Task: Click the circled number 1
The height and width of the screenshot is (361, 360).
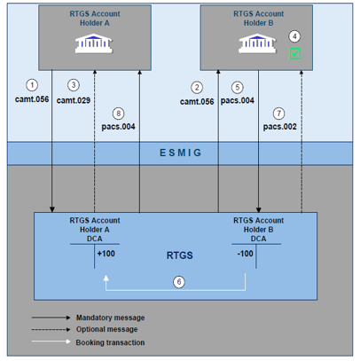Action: (x=32, y=85)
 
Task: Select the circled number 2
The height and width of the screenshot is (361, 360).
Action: (x=197, y=87)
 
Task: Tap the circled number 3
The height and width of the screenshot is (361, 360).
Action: (x=74, y=85)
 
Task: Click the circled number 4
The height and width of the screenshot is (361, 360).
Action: (x=295, y=36)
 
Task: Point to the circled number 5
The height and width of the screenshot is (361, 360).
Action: (x=237, y=87)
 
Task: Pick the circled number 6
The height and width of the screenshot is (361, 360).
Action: (x=177, y=281)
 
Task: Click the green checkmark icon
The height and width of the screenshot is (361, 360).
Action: (x=295, y=54)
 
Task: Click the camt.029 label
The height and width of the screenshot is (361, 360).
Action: (x=74, y=100)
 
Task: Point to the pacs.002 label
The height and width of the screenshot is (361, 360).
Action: (x=279, y=127)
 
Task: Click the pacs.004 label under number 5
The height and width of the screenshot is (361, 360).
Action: (x=238, y=101)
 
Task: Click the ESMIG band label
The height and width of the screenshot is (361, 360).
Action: (x=181, y=153)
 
